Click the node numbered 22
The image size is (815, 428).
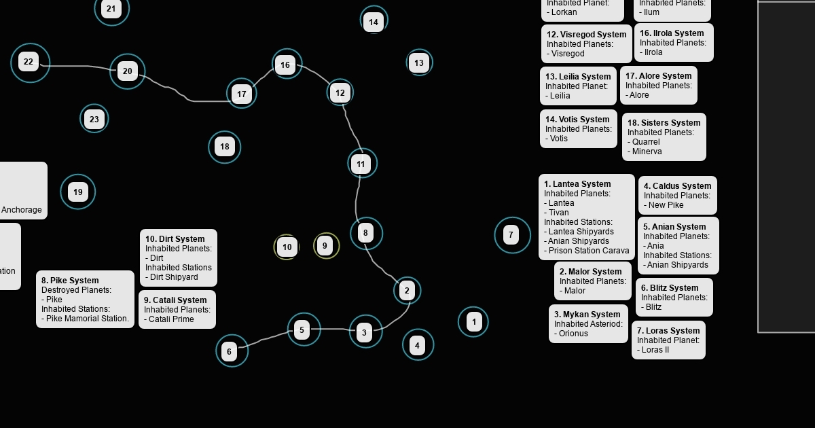click(29, 62)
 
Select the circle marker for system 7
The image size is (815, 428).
click(511, 235)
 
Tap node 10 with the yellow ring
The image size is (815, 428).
click(287, 247)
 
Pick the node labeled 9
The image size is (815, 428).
click(325, 245)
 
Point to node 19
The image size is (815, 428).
click(78, 192)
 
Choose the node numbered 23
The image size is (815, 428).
click(94, 119)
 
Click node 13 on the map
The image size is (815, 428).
click(419, 63)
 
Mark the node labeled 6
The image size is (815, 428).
click(230, 351)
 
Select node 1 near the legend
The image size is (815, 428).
click(474, 321)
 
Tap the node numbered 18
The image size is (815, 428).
click(225, 146)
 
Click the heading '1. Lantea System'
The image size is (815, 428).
click(577, 184)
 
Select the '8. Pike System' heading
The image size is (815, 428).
click(70, 281)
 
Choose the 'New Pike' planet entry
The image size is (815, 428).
click(666, 205)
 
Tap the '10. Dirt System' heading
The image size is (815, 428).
click(175, 239)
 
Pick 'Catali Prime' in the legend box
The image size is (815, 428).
click(171, 319)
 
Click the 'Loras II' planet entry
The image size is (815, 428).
click(655, 350)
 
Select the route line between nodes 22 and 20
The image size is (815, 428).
click(75, 66)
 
